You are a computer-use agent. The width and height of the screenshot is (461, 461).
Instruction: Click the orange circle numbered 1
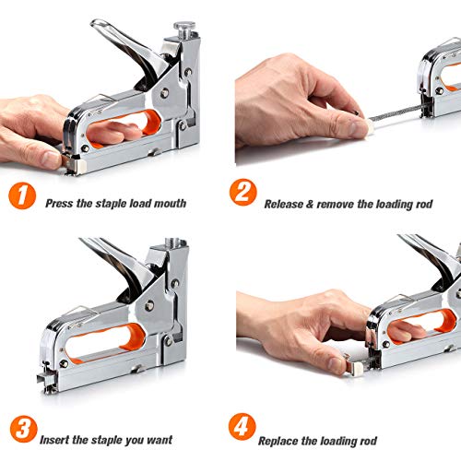pyautogui.click(x=22, y=195)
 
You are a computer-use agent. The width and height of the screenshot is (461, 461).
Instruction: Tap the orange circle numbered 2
pyautogui.click(x=242, y=193)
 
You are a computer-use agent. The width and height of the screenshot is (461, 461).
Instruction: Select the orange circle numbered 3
pyautogui.click(x=24, y=429)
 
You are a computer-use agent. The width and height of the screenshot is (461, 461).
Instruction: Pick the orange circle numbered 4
pyautogui.click(x=242, y=427)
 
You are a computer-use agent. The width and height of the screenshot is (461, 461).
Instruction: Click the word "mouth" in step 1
pyautogui.click(x=170, y=204)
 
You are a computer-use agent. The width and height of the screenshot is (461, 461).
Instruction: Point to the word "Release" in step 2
pyautogui.click(x=284, y=204)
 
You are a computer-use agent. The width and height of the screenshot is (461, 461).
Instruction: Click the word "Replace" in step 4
pyautogui.click(x=278, y=441)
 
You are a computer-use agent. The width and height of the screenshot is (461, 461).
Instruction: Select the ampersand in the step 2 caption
pyautogui.click(x=310, y=204)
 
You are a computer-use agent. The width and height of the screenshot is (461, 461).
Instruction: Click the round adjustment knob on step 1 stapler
pyautogui.click(x=184, y=27)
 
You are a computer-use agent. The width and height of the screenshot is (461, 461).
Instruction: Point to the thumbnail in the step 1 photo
pyautogui.click(x=51, y=159)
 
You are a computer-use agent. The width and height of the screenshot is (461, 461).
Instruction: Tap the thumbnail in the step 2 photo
pyautogui.click(x=357, y=129)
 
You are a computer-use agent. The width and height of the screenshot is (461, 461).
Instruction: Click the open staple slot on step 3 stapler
pyautogui.click(x=46, y=379)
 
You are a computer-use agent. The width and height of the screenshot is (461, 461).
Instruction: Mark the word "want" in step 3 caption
pyautogui.click(x=160, y=440)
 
